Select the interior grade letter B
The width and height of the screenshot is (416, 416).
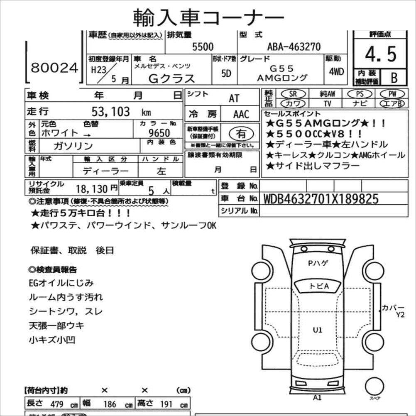tap(393, 77)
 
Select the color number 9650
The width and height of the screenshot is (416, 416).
tap(159, 133)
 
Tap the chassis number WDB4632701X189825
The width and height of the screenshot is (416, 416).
tap(321, 199)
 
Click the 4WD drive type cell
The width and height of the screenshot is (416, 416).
tap(336, 71)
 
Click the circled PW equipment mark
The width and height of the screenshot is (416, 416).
tap(391, 94)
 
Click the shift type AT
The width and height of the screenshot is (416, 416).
tap(234, 98)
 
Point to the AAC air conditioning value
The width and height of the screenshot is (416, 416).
tap(241, 114)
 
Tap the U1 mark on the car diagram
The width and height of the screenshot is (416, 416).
tap(318, 330)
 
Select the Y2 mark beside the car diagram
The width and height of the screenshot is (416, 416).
tap(400, 315)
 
